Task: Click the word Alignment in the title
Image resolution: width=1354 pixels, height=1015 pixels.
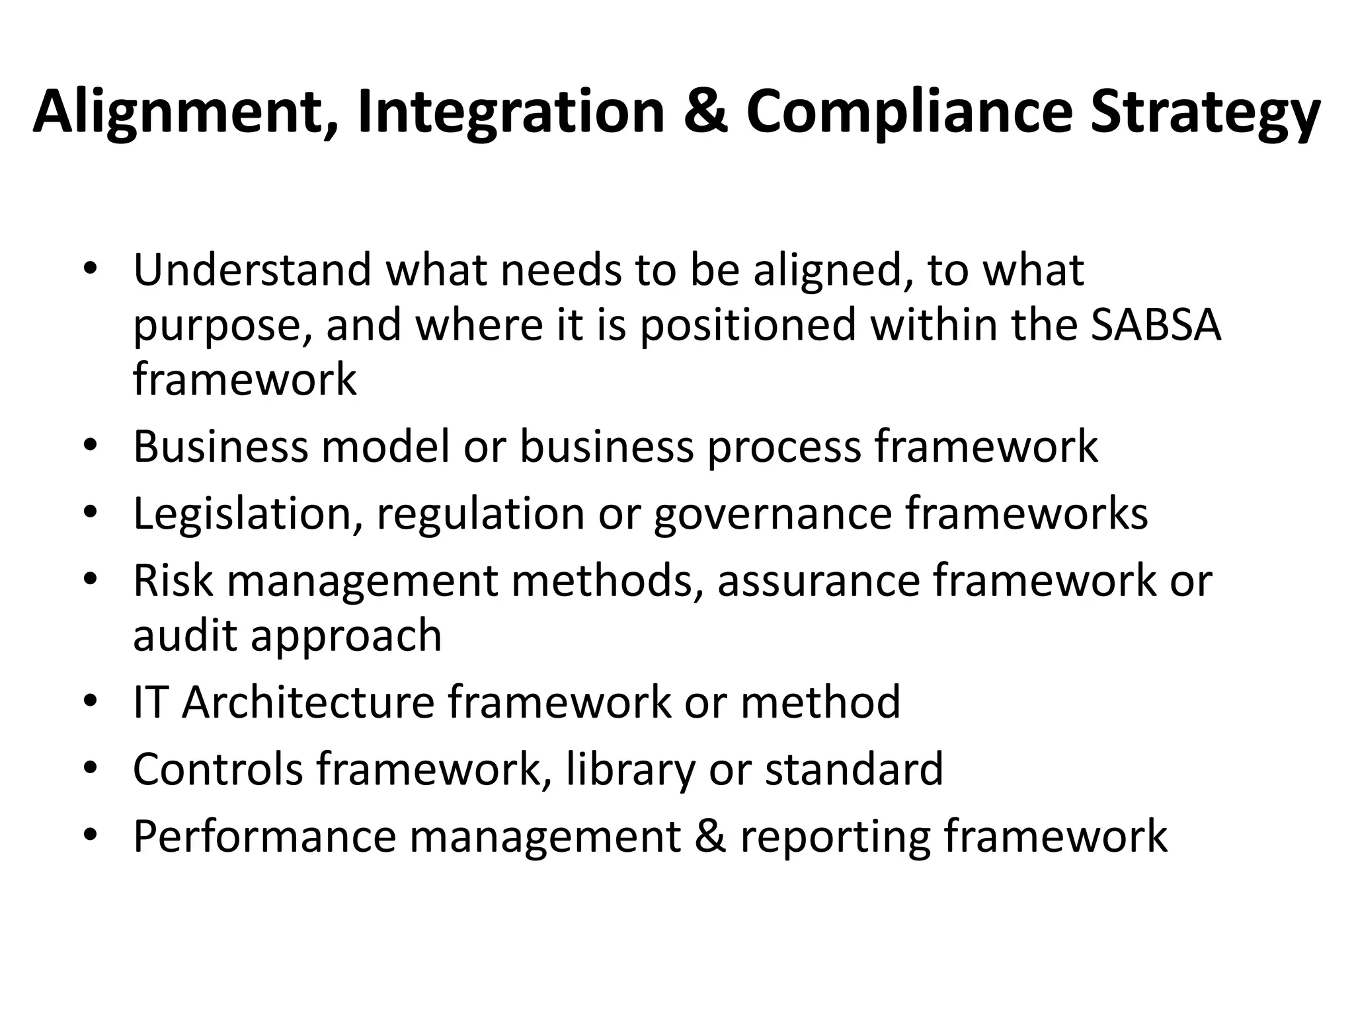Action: point(187,112)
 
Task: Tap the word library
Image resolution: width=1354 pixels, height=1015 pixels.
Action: point(631,770)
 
